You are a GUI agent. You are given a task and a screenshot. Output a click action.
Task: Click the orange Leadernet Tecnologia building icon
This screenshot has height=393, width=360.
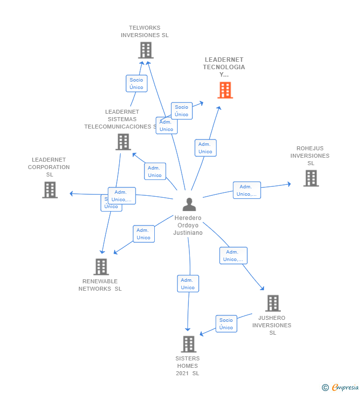[225, 90]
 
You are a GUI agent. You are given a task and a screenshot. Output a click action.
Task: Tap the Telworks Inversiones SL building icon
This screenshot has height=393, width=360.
[145, 50]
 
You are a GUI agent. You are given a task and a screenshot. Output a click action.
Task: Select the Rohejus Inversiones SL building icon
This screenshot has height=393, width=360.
[311, 178]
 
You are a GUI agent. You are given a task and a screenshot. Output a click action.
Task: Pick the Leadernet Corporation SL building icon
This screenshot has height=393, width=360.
[49, 190]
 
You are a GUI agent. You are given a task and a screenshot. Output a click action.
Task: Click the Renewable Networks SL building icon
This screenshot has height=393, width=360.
[101, 267]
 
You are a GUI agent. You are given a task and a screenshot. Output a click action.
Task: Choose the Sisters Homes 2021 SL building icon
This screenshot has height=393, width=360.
[188, 344]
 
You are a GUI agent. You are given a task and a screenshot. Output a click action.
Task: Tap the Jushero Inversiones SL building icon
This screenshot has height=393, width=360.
[272, 303]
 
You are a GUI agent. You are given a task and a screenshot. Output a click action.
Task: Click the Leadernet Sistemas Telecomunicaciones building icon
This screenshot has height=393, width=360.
[123, 142]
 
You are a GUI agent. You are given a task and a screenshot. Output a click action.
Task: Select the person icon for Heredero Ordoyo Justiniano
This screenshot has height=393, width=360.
[189, 204]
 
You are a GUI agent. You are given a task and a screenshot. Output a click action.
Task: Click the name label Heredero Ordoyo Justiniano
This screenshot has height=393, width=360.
[188, 225]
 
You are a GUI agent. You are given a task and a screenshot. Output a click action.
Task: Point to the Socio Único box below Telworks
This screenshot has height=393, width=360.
[136, 84]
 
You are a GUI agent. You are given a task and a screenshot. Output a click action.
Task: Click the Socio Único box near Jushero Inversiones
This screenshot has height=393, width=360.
[226, 324]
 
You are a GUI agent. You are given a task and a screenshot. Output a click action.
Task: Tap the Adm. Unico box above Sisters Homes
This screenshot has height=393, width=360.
[188, 284]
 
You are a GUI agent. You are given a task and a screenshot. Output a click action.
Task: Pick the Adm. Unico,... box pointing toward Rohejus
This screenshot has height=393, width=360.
[247, 190]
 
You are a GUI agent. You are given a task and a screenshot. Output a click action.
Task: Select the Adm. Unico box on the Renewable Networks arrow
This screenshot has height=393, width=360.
[143, 234]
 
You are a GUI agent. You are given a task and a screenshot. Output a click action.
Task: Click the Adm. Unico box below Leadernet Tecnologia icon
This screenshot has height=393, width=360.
[205, 148]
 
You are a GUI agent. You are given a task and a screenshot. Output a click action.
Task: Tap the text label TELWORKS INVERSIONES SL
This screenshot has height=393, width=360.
[144, 32]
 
